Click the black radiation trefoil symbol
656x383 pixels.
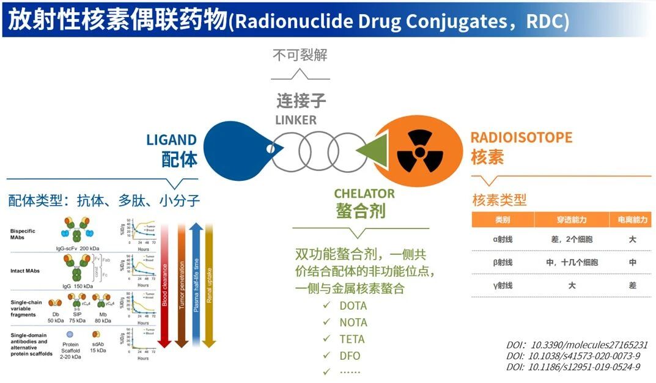pos(419,152)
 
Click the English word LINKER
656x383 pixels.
pos(296,120)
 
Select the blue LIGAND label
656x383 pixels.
pos(171,140)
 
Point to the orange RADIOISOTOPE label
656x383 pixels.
pos(521,137)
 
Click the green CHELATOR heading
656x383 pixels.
pos(364,194)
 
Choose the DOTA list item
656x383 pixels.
pos(353,305)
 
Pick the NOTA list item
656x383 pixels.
pos(353,322)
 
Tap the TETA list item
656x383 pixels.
pos(352,339)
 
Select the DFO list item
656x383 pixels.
pos(350,356)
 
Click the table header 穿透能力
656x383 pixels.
pos(571,220)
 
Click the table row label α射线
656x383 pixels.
pos(503,239)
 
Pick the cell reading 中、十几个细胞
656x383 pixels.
pos(571,263)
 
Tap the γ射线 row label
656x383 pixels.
pos(503,285)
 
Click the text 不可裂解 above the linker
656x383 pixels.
pos(300,55)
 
